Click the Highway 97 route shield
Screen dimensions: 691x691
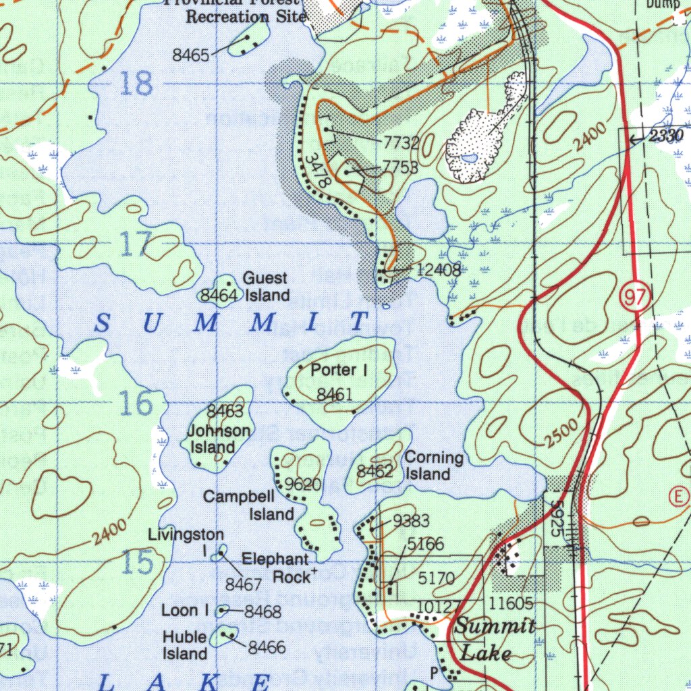[x=635, y=298]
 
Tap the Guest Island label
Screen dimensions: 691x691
[x=267, y=287]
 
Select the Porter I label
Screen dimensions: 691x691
[x=339, y=370]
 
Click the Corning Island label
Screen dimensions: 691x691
[x=433, y=466]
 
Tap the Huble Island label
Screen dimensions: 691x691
[x=185, y=645]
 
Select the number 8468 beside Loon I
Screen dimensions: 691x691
[x=262, y=612]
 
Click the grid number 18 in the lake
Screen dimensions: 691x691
[x=136, y=85]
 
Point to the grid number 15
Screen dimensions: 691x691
[x=138, y=562]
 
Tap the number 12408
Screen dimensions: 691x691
[x=439, y=270]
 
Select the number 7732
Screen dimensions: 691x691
[x=402, y=142]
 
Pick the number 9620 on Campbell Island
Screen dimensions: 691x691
[x=303, y=484]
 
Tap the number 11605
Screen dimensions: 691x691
[x=512, y=603]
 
